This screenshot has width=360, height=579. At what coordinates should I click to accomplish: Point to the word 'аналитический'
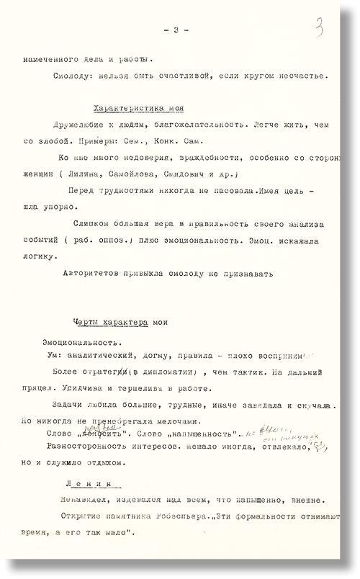point(111,355)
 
